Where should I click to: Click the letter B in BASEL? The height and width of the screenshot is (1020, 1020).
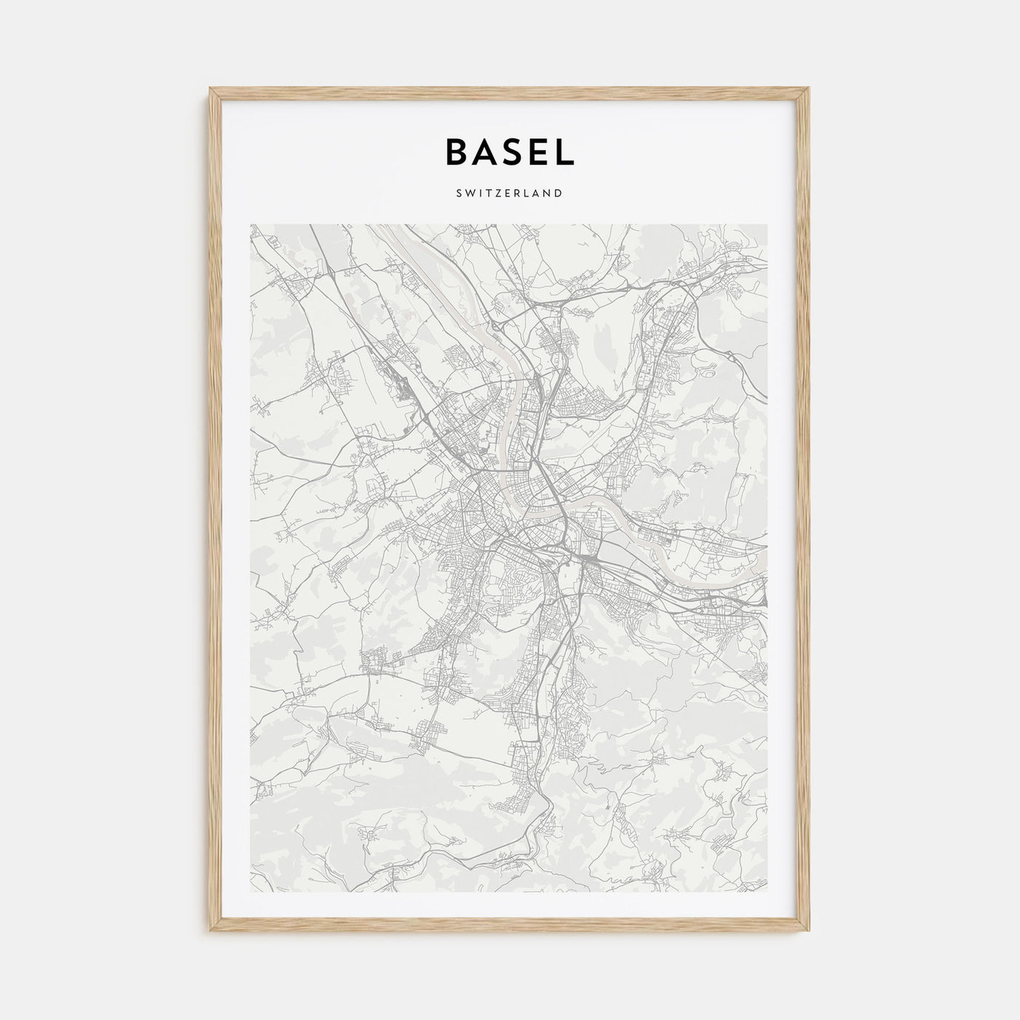click(x=456, y=151)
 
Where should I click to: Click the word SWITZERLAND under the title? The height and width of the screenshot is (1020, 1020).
click(x=510, y=193)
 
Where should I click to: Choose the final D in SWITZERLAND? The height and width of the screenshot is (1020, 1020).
click(x=558, y=193)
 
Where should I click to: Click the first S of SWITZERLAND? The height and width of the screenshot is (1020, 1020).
click(x=460, y=193)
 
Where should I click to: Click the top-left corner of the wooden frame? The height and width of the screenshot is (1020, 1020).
click(x=211, y=88)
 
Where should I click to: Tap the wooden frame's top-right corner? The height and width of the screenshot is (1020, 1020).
click(x=809, y=88)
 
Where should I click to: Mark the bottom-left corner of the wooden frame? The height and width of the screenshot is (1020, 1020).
click(x=211, y=933)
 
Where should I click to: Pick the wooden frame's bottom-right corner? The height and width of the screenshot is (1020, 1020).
click(x=809, y=933)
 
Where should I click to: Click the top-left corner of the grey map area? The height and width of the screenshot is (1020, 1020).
click(x=250, y=224)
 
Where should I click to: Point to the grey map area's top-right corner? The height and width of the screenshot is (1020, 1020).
click(x=767, y=224)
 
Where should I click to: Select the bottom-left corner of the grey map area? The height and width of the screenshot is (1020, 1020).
click(x=250, y=892)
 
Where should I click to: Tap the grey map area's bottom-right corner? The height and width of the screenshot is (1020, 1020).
click(x=767, y=892)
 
